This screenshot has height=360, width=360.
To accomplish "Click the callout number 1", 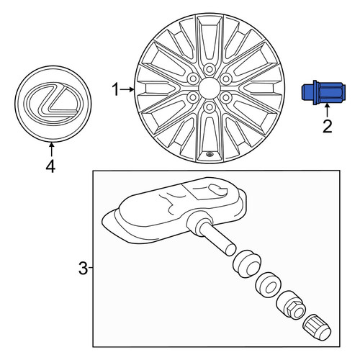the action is click(116, 89).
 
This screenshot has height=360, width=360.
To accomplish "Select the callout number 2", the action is click(327, 127).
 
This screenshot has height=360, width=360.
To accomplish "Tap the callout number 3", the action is click(84, 269).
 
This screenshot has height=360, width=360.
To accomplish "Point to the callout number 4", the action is click(50, 166).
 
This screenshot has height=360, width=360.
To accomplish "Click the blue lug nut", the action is click(323, 93).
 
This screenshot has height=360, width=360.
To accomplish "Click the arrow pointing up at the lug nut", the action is click(327, 111).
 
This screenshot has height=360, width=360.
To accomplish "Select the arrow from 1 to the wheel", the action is click(127, 89).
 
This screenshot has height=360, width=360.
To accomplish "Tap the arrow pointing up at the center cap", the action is click(51, 150).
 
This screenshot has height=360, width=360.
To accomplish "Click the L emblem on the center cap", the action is click(53, 101).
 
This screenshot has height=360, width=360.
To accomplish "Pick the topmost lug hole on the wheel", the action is click(210, 69).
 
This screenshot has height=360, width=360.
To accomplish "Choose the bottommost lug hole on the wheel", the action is click(210, 107).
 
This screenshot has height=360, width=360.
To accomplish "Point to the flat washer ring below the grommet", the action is click(267, 284).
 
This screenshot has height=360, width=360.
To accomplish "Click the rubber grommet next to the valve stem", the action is click(246, 264).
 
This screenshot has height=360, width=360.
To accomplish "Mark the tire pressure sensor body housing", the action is click(174, 211).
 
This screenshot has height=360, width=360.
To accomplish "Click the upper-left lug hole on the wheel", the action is click(193, 78).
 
